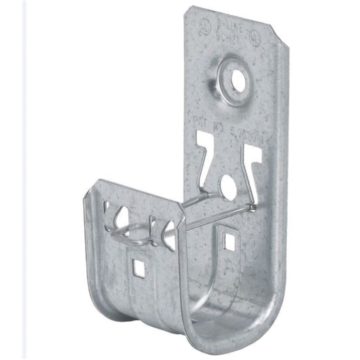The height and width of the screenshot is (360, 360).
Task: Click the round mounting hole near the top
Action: [x=238, y=81]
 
